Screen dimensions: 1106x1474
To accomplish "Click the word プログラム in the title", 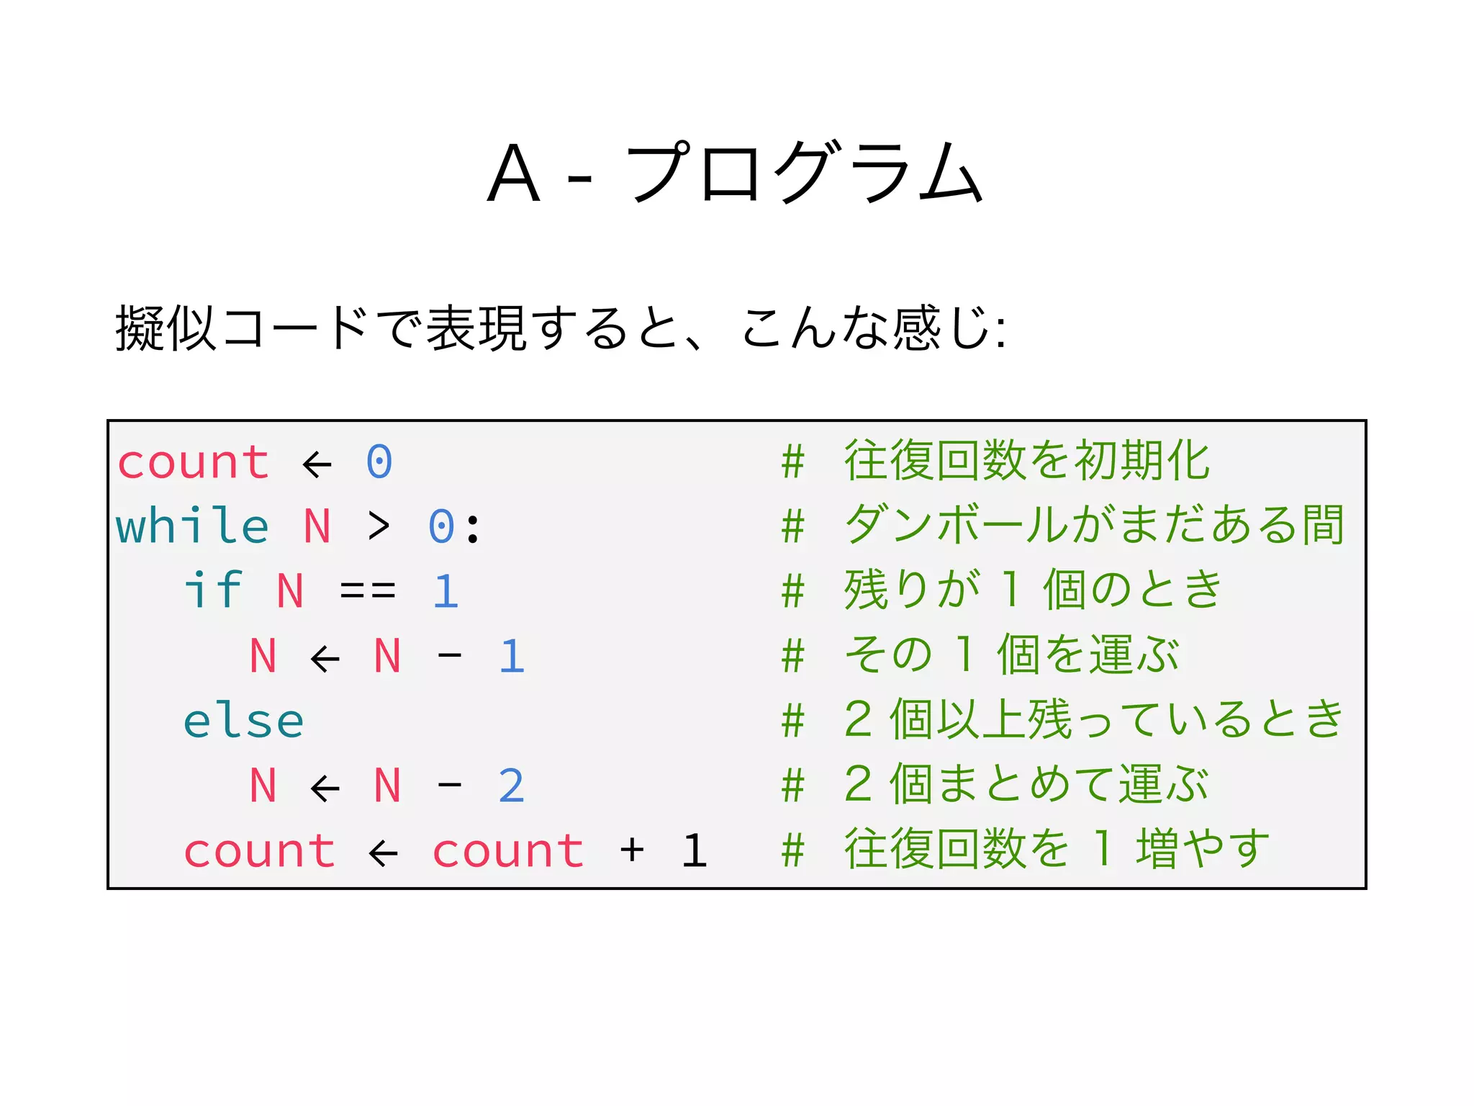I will (x=804, y=172).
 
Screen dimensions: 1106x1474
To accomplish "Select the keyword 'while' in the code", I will (x=192, y=526).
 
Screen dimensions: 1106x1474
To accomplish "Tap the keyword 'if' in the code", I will (x=213, y=590).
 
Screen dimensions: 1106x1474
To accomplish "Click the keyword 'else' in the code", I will (x=243, y=721).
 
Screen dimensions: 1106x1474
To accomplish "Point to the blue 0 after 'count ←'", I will (x=379, y=462).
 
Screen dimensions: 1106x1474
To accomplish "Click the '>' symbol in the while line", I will (x=379, y=526).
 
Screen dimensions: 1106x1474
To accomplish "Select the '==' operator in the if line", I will (x=368, y=591).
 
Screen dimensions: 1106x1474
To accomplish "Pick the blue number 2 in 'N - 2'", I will (x=511, y=786).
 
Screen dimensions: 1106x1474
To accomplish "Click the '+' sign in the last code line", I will (x=632, y=850).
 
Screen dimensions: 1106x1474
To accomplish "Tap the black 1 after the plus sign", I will (x=694, y=850).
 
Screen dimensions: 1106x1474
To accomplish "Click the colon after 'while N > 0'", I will (x=473, y=527).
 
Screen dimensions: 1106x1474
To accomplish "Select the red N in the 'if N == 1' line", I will (x=290, y=591).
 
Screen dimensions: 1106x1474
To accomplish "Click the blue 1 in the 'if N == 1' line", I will (x=446, y=591).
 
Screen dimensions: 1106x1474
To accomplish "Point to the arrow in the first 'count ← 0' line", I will (x=317, y=464).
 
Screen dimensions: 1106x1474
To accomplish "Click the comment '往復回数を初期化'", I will (x=1026, y=461).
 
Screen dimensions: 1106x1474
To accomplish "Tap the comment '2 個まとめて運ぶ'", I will (x=1026, y=784).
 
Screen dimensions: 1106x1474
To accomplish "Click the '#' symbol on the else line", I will (x=792, y=721).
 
